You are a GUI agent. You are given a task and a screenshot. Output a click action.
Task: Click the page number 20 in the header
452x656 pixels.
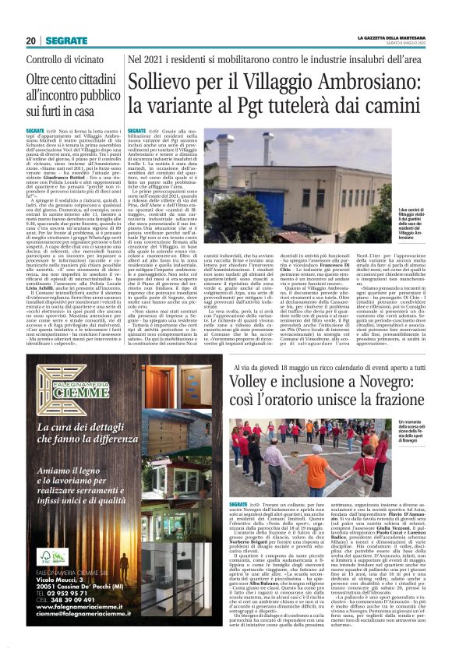click(x=31, y=40)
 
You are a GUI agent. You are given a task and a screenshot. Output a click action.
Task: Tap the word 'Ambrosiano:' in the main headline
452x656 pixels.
click(x=373, y=82)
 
